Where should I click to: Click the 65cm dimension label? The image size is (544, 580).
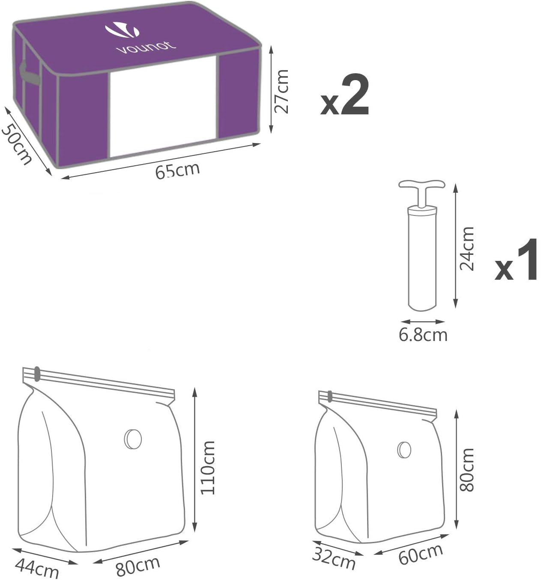click(x=177, y=170)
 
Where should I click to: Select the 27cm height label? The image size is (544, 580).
click(x=281, y=91)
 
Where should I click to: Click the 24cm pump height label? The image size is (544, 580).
click(x=466, y=248)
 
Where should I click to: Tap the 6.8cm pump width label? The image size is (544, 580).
click(x=423, y=335)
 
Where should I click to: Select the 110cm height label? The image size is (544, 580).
click(x=208, y=468)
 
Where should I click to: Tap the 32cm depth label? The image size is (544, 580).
click(x=333, y=558)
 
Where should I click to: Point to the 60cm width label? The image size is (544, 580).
click(x=420, y=554)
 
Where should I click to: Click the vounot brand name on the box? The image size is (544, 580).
click(x=145, y=47)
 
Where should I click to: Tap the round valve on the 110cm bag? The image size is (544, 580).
click(x=133, y=438)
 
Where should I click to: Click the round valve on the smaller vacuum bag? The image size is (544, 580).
click(x=404, y=449)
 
